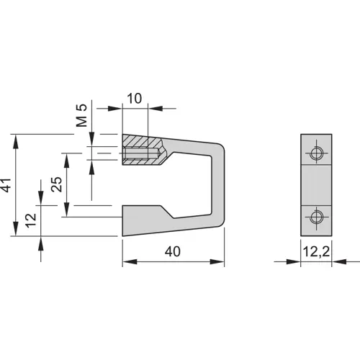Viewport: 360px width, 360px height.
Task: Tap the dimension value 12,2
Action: [x=317, y=251]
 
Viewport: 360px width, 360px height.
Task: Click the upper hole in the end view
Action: [x=316, y=153]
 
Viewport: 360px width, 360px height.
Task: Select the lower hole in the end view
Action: [x=316, y=217]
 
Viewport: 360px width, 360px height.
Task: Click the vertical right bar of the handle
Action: [x=217, y=185]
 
